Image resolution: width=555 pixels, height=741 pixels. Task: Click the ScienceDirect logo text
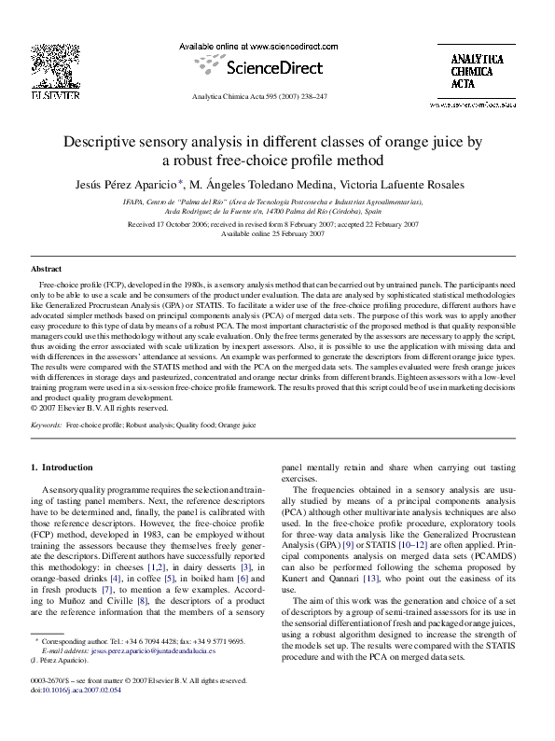tap(271, 67)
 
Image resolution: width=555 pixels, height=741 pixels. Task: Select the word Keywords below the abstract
tap(47, 425)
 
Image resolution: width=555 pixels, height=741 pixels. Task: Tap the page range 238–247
tap(325, 96)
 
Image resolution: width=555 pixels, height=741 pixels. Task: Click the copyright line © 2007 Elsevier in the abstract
tap(91, 407)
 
